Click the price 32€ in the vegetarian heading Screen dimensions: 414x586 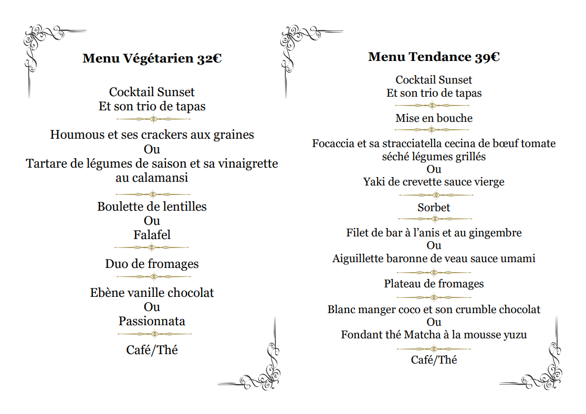(209, 58)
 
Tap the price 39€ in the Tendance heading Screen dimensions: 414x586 (487, 57)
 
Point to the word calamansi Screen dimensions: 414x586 (152, 178)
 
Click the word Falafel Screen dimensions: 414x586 (152, 235)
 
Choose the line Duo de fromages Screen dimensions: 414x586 (152, 264)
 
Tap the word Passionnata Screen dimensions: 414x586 (152, 321)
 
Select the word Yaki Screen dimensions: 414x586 (374, 182)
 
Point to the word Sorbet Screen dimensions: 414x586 (434, 208)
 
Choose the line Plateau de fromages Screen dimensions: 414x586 (434, 284)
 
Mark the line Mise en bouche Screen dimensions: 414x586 (434, 118)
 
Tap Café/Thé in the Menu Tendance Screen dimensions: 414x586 (434, 360)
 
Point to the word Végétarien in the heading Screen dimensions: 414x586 (158, 58)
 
